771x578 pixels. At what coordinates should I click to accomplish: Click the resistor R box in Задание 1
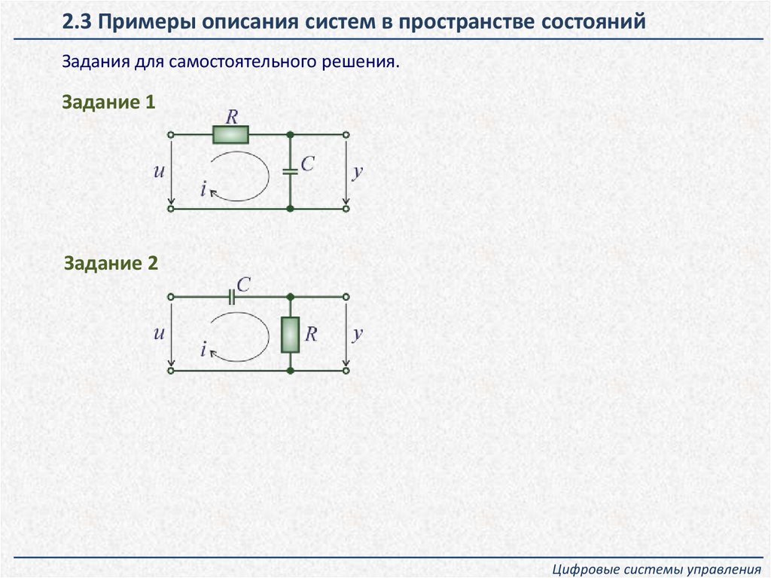click(230, 135)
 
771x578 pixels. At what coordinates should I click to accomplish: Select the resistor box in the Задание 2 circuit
click(291, 335)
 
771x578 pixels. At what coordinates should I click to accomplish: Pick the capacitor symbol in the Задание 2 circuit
click(232, 297)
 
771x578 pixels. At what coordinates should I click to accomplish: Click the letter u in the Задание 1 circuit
click(159, 171)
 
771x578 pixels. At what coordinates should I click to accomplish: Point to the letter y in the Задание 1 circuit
click(358, 171)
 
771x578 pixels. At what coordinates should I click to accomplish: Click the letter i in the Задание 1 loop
click(203, 190)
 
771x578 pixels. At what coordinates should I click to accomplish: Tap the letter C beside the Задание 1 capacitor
click(307, 164)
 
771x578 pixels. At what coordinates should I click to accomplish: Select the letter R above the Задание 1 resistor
click(232, 117)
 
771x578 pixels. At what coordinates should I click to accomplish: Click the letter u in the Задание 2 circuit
click(159, 333)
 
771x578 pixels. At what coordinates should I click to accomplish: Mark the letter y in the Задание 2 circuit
click(358, 333)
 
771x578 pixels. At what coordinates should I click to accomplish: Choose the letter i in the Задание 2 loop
click(203, 349)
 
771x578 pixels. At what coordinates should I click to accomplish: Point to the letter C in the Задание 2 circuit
click(242, 283)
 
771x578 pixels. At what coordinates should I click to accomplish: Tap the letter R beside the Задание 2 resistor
click(310, 334)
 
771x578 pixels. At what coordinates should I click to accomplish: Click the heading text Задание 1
click(108, 102)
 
